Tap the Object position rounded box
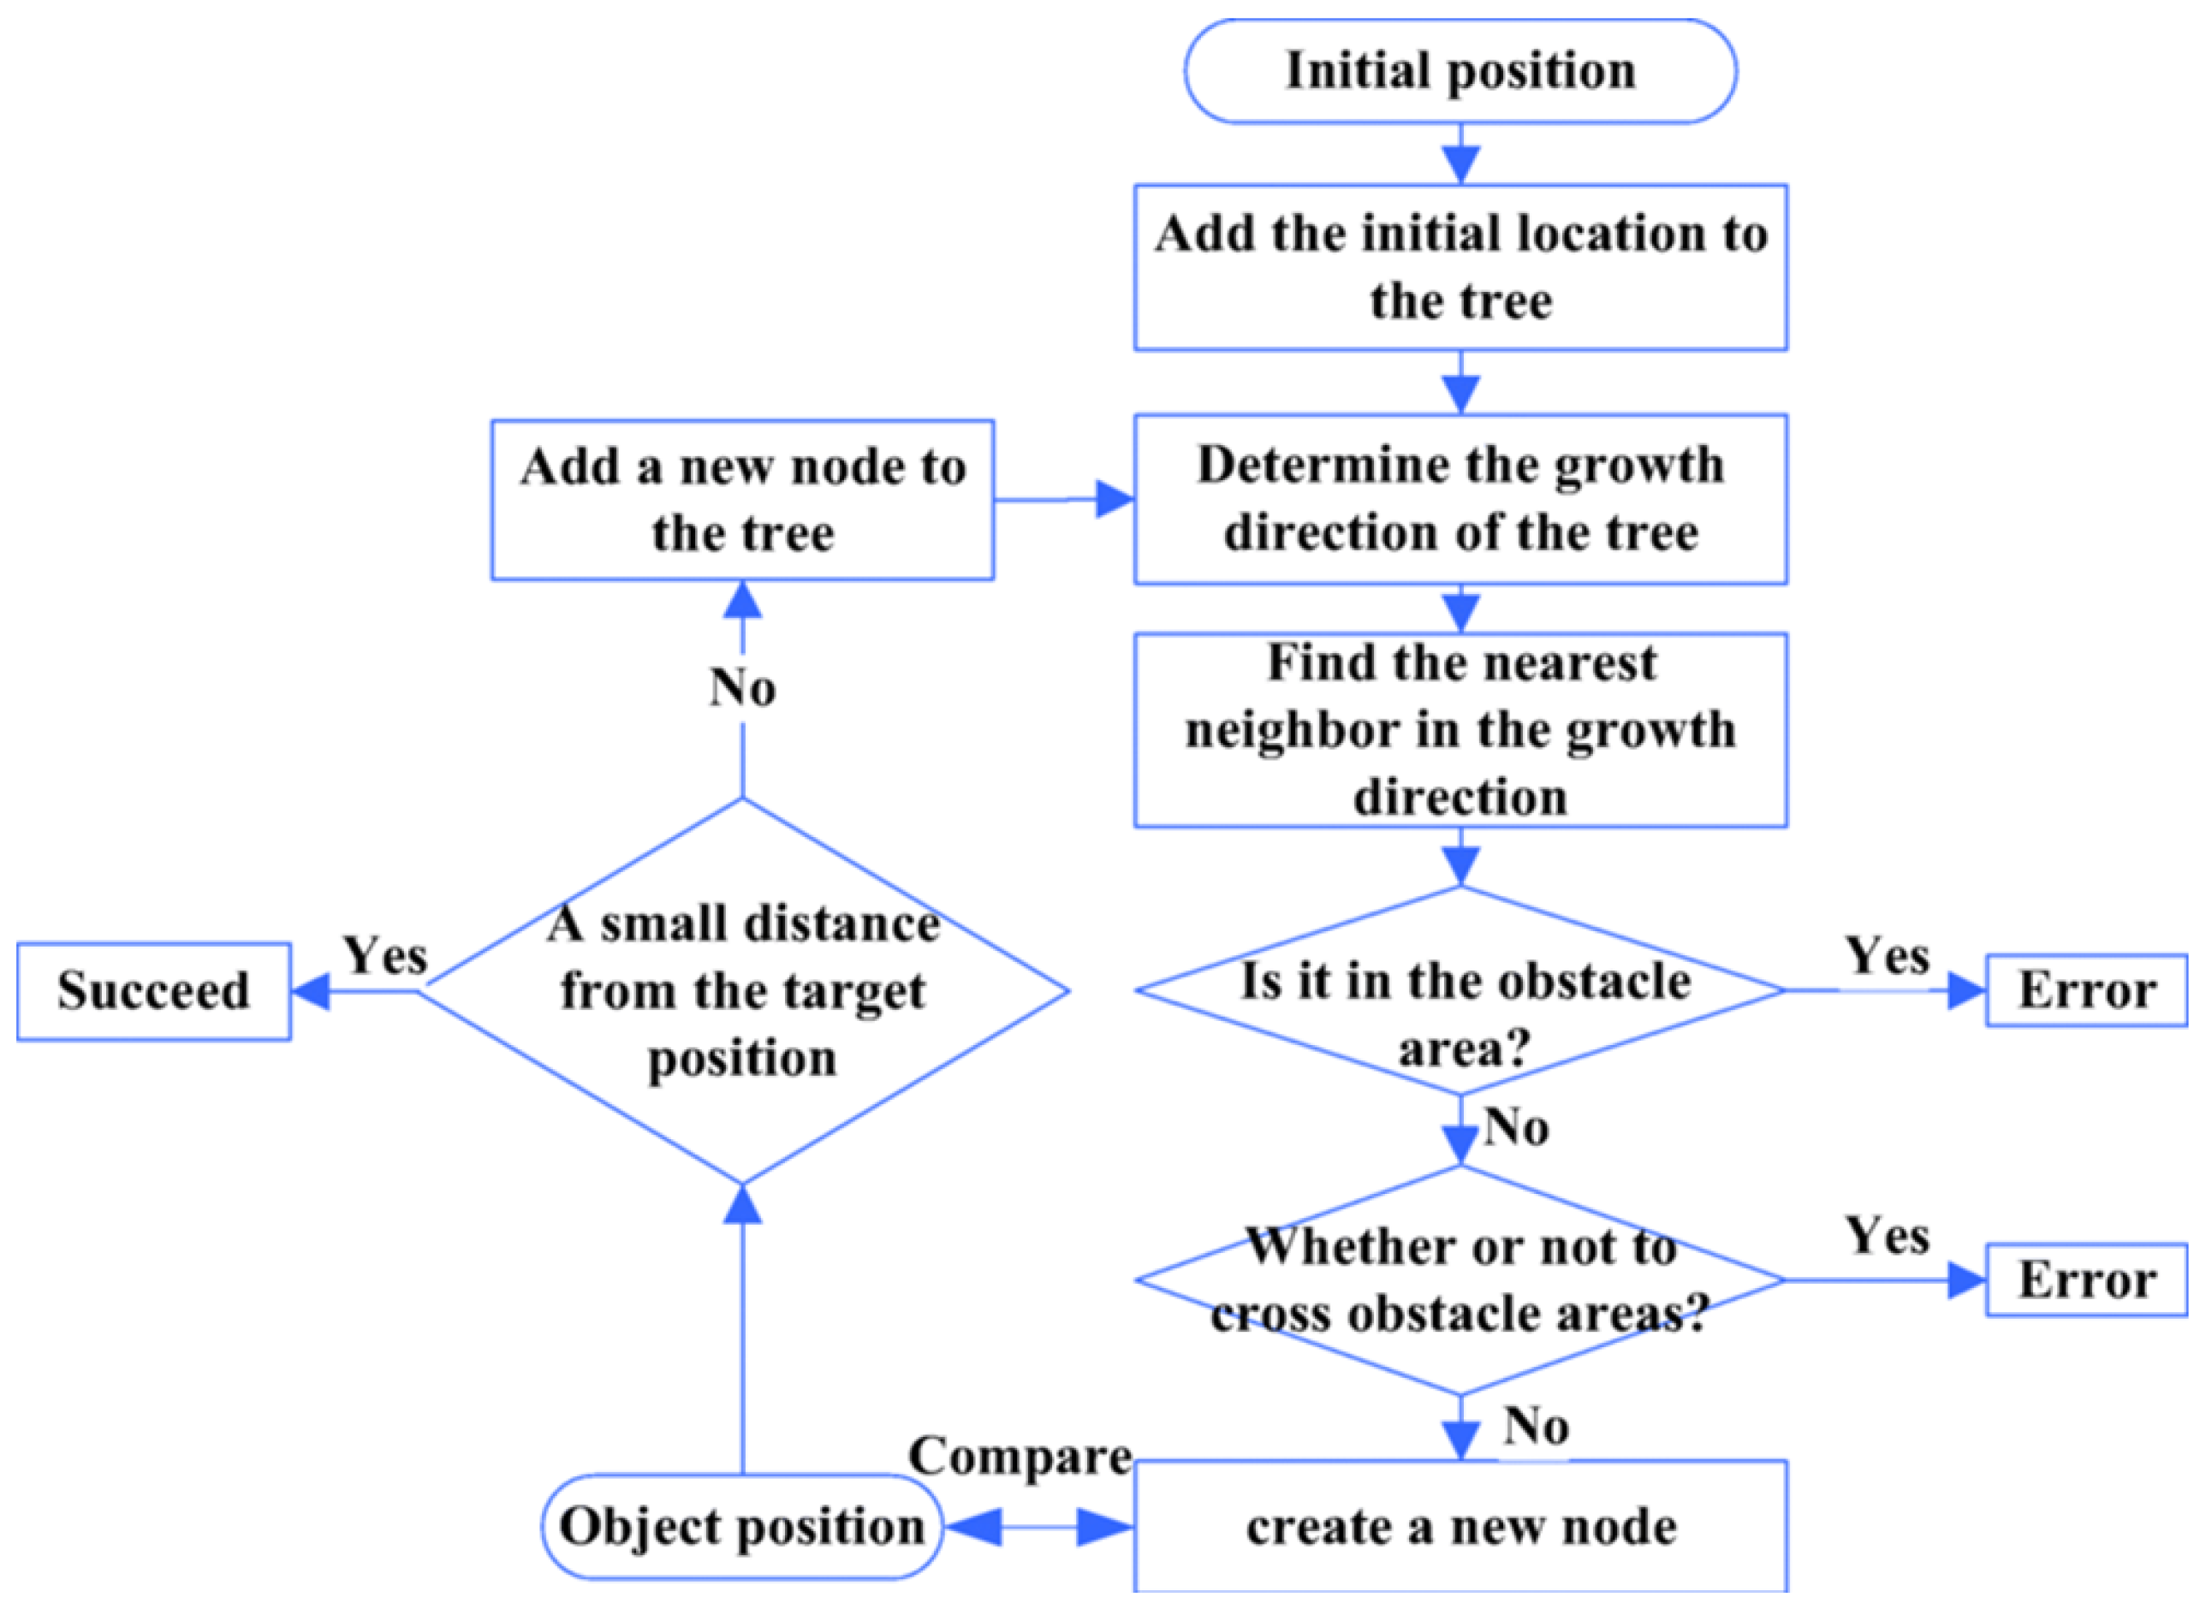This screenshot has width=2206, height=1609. coord(741,1526)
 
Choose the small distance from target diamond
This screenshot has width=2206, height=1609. coord(742,990)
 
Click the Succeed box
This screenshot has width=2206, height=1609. coord(153,990)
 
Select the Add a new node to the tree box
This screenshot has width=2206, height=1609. coord(742,500)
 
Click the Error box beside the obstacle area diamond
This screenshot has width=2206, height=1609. coord(2086,990)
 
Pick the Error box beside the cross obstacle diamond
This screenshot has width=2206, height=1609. coord(2086,1279)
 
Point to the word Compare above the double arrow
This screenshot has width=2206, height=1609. coord(1019,1457)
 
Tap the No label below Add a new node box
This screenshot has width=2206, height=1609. coord(742,686)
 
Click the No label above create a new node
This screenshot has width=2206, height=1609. coord(1535,1426)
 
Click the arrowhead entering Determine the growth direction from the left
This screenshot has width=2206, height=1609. coord(1115,499)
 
